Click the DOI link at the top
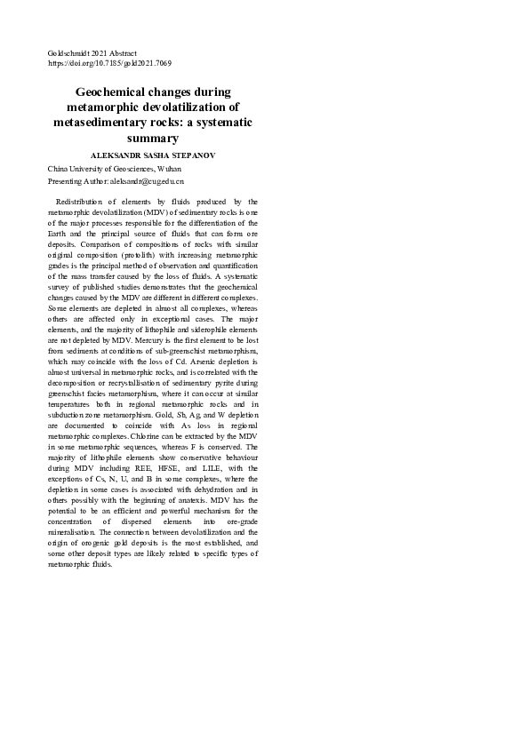coord(109,64)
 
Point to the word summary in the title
coord(153,139)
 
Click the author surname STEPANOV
coord(191,155)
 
